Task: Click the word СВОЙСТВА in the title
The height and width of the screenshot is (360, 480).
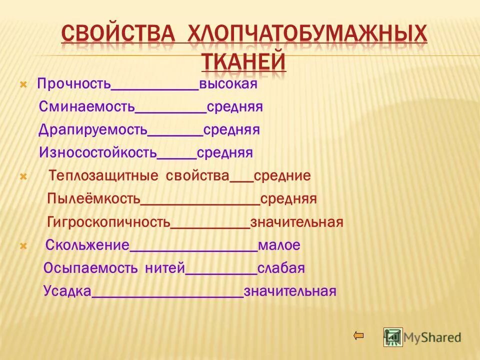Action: coord(119,35)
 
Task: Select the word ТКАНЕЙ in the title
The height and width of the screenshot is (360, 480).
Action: coord(244,62)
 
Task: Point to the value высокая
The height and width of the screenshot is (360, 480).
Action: coord(228,84)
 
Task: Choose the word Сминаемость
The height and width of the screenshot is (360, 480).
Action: coord(87,107)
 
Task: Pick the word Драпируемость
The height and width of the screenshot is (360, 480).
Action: coord(93,130)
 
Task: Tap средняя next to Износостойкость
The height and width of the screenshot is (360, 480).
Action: coord(224,152)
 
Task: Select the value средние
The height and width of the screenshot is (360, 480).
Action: coord(282,176)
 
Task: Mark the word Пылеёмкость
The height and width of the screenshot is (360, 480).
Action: coord(93,199)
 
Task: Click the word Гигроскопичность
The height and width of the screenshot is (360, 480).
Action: coord(109,222)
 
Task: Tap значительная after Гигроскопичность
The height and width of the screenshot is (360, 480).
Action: coord(297,222)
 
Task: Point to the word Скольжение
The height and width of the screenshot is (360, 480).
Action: coord(87,245)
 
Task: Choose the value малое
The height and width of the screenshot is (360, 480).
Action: coord(279,245)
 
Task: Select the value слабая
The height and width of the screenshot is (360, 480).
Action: coord(281,268)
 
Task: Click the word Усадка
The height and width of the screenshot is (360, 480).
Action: coord(67,291)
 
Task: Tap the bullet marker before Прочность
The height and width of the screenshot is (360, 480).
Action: coord(22,85)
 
